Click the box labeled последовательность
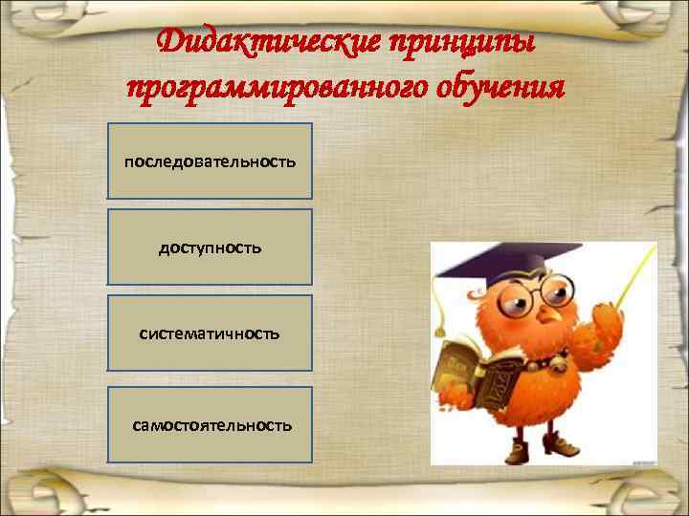(210, 161)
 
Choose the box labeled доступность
(210, 247)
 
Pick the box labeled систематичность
(210, 333)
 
